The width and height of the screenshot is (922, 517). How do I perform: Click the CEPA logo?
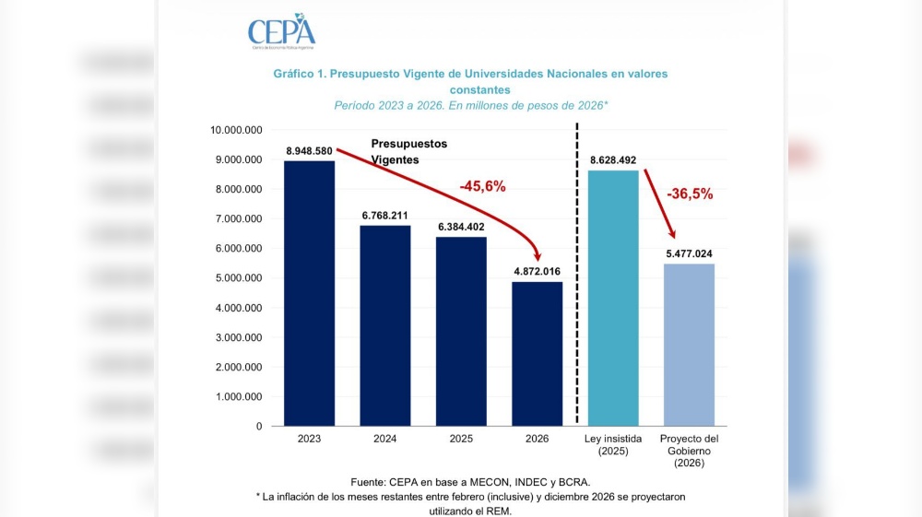pos(281,31)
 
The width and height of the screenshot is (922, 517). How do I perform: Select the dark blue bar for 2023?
pos(309,293)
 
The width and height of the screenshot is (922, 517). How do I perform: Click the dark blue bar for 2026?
pos(537,354)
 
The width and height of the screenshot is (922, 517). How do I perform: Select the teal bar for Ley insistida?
pos(613,298)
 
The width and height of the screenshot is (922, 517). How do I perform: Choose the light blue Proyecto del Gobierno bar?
pos(689,345)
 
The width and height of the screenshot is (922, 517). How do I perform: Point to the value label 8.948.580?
pos(309,151)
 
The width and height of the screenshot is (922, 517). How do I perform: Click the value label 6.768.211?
pos(385,216)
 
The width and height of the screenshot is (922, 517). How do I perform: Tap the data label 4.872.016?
pos(537,271)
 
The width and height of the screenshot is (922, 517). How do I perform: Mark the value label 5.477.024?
pos(689,253)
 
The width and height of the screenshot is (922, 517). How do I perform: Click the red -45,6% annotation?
pos(482,186)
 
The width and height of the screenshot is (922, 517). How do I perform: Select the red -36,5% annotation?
pos(690,194)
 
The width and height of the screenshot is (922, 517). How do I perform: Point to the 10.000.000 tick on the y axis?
pos(236,130)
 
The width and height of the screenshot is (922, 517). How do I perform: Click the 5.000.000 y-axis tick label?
pos(239,278)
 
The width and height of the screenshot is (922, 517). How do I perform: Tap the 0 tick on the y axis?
pos(259,427)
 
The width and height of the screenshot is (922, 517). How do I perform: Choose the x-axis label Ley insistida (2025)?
pos(613,445)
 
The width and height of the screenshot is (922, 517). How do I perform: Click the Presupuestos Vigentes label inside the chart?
pos(408,152)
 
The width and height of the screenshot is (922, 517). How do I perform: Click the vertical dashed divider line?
pos(577,276)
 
